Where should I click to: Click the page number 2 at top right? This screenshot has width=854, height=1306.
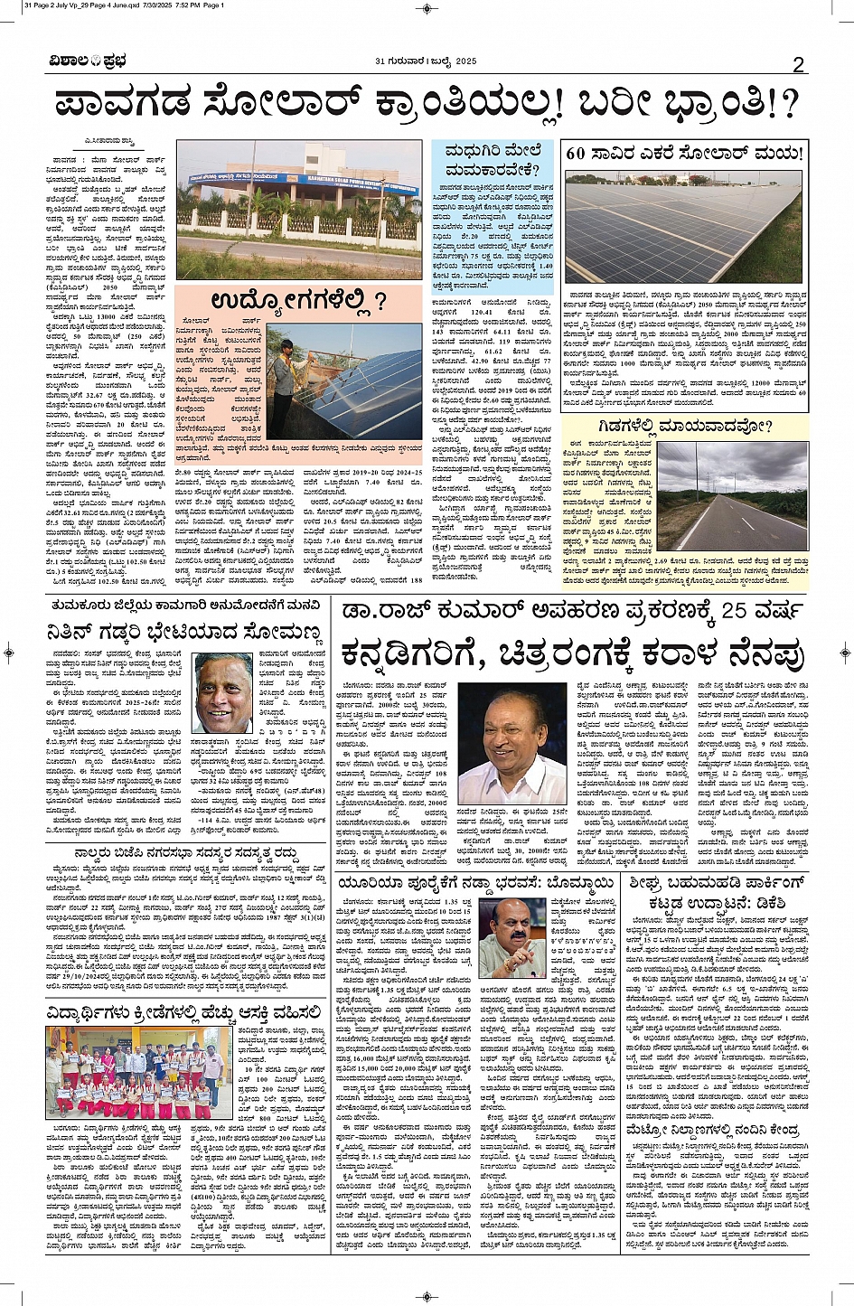[x=798, y=64]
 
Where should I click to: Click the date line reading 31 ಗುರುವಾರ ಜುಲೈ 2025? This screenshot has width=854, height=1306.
[x=426, y=61]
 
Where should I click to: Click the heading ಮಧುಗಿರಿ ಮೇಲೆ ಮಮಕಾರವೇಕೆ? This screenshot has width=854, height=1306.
[x=493, y=160]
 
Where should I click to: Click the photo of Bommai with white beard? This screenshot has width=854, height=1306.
[x=511, y=937]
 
